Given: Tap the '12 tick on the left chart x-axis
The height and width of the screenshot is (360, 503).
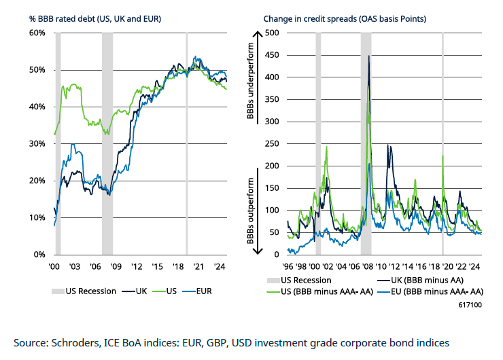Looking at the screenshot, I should click(137, 266).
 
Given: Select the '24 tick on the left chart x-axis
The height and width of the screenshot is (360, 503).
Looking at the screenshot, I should click(220, 266).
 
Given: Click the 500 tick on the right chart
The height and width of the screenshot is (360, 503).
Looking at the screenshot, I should click(271, 33).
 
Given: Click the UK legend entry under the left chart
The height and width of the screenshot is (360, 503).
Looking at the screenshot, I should click(141, 291).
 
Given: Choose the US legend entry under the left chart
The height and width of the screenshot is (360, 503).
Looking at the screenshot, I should click(170, 291).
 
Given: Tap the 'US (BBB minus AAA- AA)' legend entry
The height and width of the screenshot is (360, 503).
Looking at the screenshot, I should click(328, 292).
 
